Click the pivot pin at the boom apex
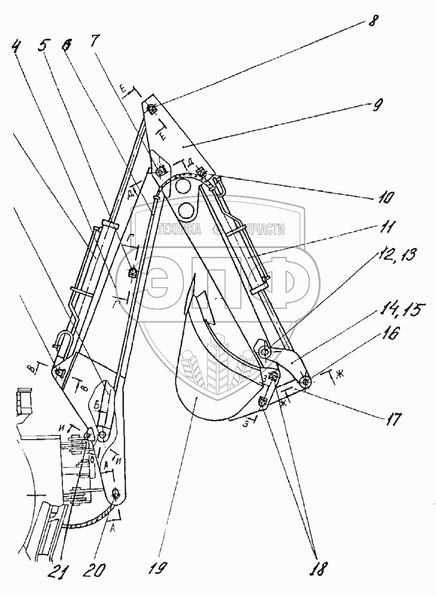click(152, 108)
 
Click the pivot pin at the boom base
click(115, 493)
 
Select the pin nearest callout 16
click(306, 381)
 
